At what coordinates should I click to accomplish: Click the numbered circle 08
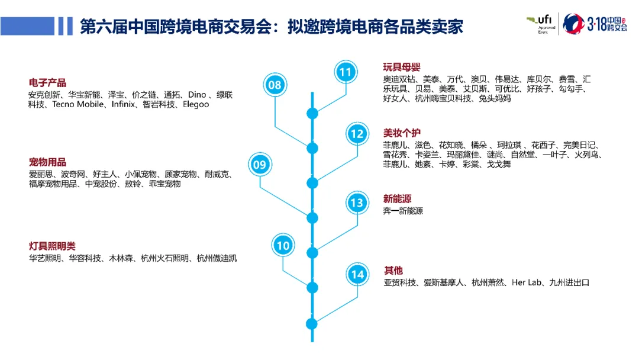tap(275, 85)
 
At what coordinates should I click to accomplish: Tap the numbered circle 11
tap(345, 72)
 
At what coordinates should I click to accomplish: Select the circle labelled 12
tap(357, 134)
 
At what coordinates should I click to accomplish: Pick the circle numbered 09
tap(260, 165)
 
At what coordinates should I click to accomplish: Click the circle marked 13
tap(357, 203)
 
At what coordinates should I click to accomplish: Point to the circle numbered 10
tap(283, 245)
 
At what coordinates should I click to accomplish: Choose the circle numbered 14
tap(357, 275)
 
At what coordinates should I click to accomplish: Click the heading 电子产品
tap(47, 83)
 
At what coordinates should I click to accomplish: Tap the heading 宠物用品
tap(47, 162)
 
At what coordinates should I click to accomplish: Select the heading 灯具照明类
tap(52, 246)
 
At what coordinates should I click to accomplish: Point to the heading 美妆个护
tap(402, 133)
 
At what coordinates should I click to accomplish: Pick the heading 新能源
tap(397, 199)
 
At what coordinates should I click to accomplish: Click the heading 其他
tap(393, 271)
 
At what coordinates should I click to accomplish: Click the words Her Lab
tap(526, 282)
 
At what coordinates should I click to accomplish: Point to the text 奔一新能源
tap(403, 211)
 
